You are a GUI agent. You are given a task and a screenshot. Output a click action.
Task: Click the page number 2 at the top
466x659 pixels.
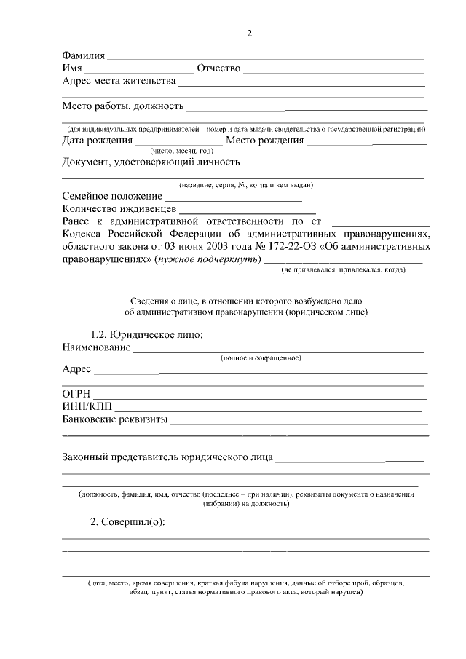click(250, 33)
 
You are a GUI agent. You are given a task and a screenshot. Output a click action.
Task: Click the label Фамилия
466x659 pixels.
click(84, 55)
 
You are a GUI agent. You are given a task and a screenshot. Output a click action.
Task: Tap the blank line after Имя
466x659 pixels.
click(139, 70)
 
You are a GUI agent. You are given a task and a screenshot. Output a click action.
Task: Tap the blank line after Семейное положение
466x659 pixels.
click(233, 197)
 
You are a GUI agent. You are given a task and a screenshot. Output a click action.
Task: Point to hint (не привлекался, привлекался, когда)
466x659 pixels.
click(344, 270)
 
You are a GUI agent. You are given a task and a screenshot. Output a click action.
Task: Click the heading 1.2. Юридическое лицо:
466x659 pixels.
click(146, 335)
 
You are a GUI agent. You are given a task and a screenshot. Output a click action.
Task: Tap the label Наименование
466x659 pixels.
click(96, 347)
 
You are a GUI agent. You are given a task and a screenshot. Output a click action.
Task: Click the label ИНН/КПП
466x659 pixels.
click(86, 407)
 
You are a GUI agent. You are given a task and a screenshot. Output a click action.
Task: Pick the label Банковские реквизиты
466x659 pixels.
click(114, 420)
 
